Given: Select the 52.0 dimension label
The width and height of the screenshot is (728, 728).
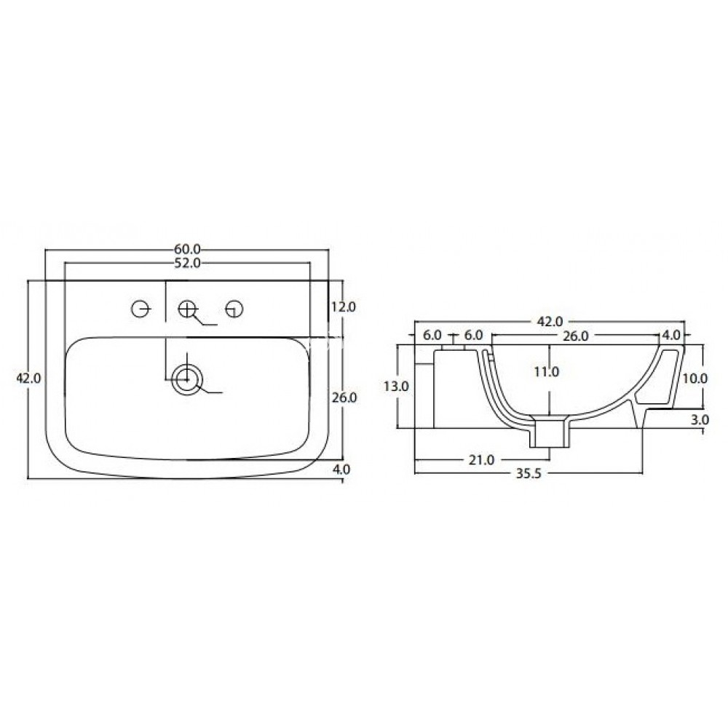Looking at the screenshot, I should (x=187, y=263).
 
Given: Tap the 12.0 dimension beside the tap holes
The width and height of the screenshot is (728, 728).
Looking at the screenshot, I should (x=343, y=307).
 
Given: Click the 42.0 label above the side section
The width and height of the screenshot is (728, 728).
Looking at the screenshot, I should (x=550, y=321).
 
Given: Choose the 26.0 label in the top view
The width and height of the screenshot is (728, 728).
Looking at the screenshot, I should (x=343, y=397).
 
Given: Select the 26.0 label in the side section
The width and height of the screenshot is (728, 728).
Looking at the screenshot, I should (x=575, y=335).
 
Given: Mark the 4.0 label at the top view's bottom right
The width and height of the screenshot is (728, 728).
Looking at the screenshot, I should (x=341, y=470).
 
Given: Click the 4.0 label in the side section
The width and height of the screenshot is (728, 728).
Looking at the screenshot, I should (x=670, y=335).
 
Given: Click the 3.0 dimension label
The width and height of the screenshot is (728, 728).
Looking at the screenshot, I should (x=700, y=420).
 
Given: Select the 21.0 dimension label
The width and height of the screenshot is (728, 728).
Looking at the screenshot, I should (x=481, y=459).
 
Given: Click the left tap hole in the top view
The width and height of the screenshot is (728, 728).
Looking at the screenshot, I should (x=141, y=309).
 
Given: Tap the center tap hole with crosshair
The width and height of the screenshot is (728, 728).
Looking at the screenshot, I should (x=188, y=309).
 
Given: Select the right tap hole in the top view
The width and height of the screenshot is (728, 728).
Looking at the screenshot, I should (x=234, y=309).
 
